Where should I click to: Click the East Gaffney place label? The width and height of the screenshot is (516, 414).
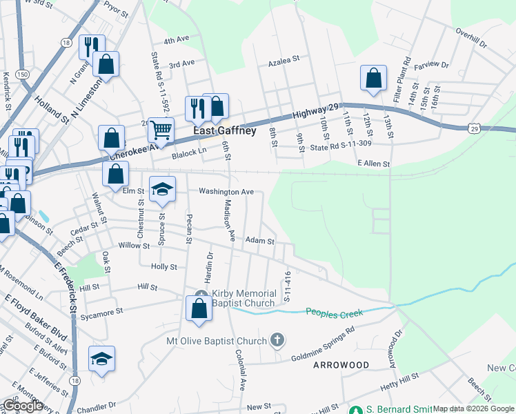[224, 130]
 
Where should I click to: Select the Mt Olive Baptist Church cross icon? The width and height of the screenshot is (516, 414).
[277, 339]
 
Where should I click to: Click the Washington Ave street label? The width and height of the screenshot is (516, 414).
[226, 191]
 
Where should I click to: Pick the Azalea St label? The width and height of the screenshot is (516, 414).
[283, 59]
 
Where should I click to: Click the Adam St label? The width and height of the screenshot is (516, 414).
[261, 241]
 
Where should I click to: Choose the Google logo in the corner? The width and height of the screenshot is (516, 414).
[23, 406]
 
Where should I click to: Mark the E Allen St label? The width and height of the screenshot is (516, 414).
[373, 164]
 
